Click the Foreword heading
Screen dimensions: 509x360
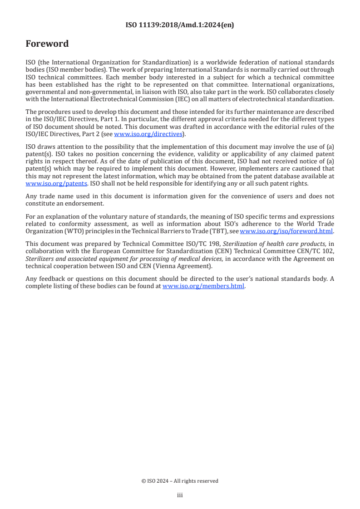coord(47,44)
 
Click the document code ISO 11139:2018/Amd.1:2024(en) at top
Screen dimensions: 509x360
coord(180,25)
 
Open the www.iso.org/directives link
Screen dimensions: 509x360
coord(148,134)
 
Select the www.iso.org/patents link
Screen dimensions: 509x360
coord(56,183)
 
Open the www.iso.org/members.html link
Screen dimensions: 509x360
coord(203,286)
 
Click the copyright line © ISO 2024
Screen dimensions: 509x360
coord(180,481)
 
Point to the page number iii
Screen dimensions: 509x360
coord(180,495)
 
